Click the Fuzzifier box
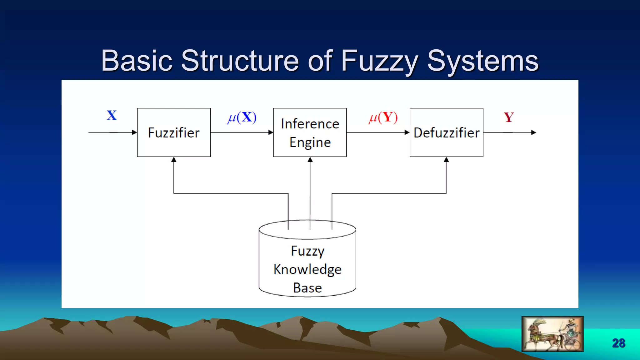pos(174,132)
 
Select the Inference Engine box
pos(310,132)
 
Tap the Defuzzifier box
pos(446,132)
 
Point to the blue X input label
pos(112,115)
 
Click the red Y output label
pos(509,117)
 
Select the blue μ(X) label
pos(242,117)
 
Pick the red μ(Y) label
pos(383,117)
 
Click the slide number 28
pos(618,343)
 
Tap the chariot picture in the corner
pos(552,334)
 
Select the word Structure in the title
pos(240,61)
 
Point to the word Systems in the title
pos(483,61)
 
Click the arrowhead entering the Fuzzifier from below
pos(174,160)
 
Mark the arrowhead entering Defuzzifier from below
pos(446,160)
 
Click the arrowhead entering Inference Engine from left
pos(271,132)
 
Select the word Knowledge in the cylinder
pos(307,269)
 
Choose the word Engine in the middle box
pos(310,142)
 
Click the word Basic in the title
pos(137,61)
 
